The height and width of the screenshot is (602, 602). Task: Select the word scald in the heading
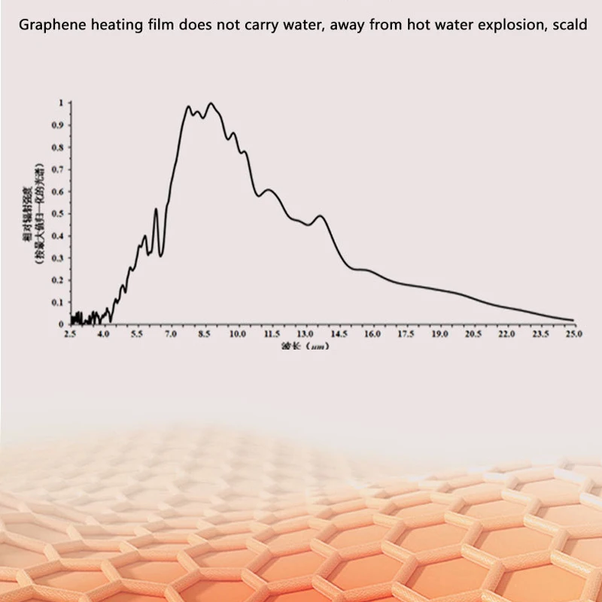[x=570, y=23]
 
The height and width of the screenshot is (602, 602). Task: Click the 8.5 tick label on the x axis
[x=205, y=333]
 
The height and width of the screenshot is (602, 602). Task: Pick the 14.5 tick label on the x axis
[x=339, y=333]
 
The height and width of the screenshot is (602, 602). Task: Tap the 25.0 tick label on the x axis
[x=573, y=333]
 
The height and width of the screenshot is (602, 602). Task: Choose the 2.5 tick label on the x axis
[x=71, y=333]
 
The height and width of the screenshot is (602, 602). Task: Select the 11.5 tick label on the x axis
[x=272, y=333]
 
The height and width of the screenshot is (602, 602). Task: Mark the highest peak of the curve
[x=211, y=103]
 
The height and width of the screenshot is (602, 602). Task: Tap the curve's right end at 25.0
[x=573, y=320]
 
